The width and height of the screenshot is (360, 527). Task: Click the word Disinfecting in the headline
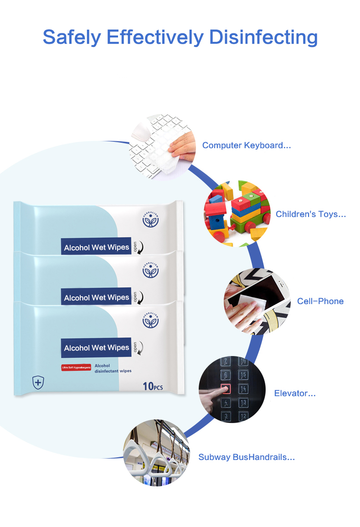pos(263,37)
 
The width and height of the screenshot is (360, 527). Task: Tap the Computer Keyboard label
pos(247,145)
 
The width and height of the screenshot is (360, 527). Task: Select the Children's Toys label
pos(311,214)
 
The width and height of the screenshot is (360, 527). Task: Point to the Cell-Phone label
pos(320,301)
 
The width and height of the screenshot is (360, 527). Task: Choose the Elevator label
pos(295,393)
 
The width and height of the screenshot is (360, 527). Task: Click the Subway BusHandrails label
pos(247,457)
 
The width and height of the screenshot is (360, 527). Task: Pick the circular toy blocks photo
pos(237,213)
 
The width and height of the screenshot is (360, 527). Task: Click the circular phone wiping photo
pos(257,301)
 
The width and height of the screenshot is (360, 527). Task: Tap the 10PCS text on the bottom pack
pos(153,387)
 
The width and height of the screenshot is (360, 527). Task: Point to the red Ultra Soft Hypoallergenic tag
pos(76,367)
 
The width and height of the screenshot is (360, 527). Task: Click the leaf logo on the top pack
pos(150,221)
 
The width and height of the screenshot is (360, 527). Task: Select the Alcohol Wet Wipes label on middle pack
pos(96,298)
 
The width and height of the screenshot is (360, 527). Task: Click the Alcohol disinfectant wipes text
pos(113,368)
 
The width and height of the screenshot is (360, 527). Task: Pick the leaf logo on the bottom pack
pos(150,321)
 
